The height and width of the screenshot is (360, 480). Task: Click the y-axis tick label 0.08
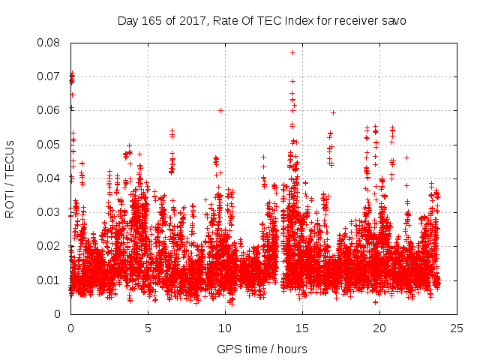coord(49,42)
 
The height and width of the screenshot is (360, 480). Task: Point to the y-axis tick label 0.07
coord(49,76)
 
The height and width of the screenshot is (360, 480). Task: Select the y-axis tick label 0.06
coord(49,110)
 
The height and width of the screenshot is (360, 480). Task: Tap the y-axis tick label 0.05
coord(49,144)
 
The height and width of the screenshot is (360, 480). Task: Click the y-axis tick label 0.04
coord(49,178)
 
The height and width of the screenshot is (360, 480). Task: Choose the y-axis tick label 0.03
coord(49,212)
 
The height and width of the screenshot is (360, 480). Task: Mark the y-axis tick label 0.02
coord(49,246)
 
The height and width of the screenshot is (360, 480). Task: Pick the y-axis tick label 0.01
coord(49,280)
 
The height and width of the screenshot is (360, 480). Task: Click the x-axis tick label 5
coord(148,328)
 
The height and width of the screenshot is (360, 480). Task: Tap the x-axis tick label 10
coord(225,328)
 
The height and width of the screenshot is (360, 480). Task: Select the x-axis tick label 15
coord(302,328)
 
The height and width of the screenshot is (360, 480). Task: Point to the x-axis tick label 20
coord(379,328)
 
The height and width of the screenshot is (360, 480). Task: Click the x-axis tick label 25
coord(457,328)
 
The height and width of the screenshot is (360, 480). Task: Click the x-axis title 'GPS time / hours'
coord(263,349)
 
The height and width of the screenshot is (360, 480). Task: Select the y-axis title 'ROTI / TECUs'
coord(10,178)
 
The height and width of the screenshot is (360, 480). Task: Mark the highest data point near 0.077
coord(292,52)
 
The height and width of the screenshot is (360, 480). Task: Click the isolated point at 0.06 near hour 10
coord(220,110)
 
